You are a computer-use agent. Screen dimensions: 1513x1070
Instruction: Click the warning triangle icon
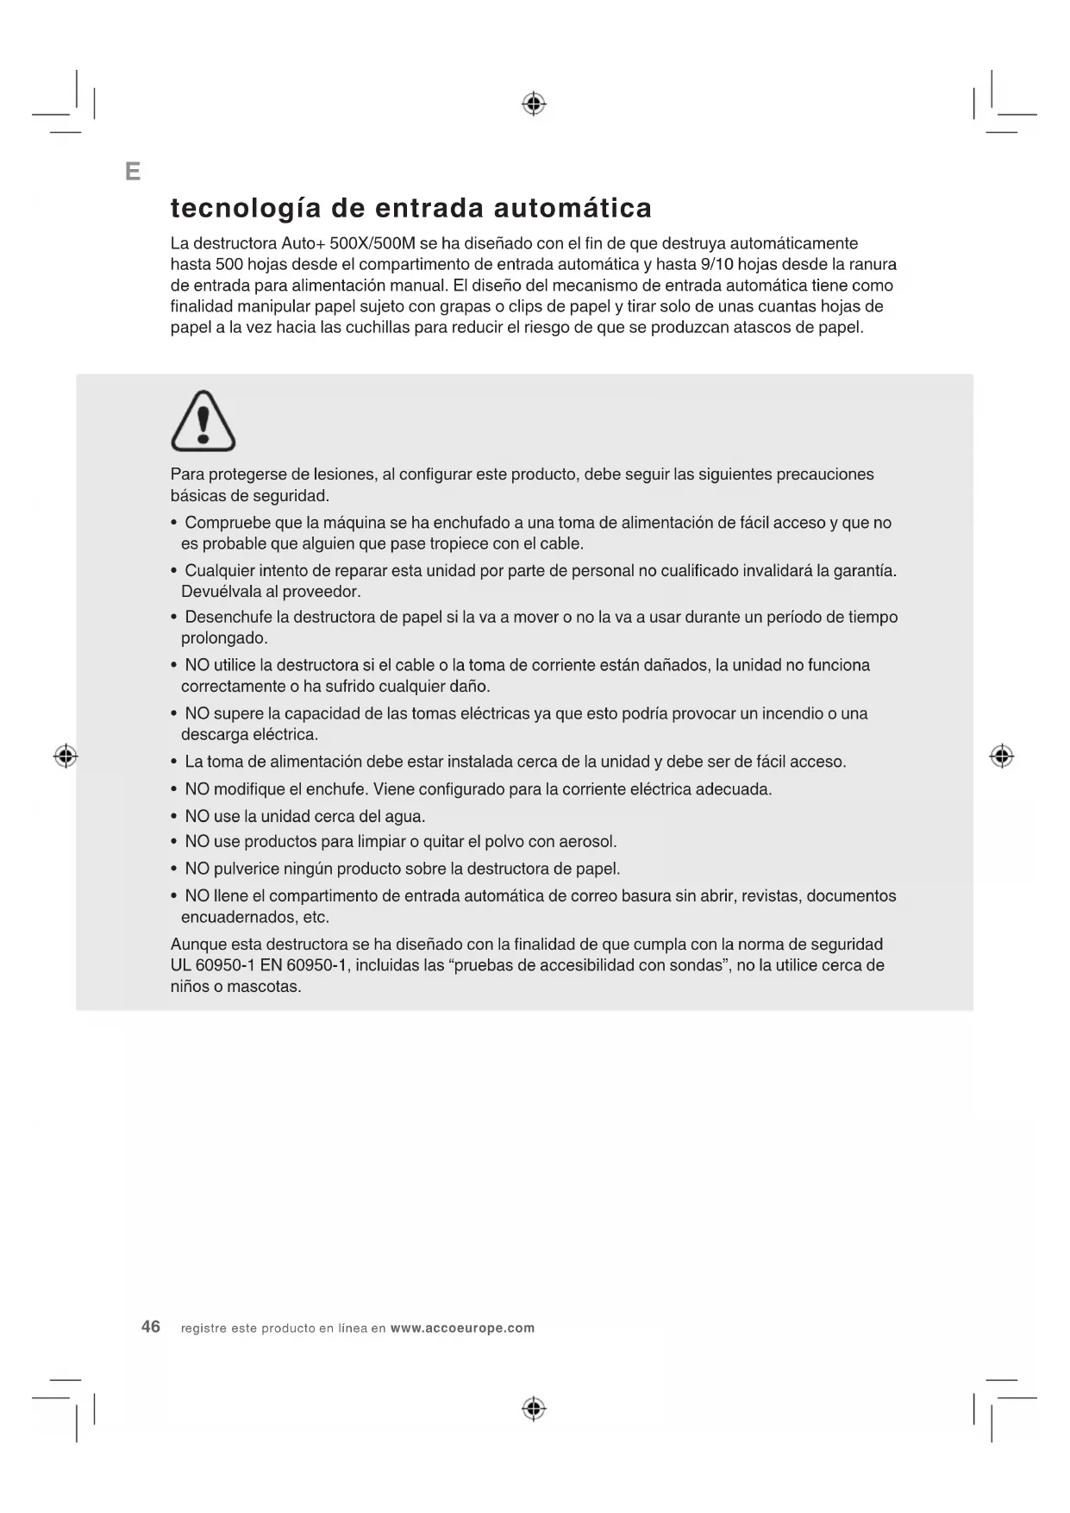pyautogui.click(x=203, y=421)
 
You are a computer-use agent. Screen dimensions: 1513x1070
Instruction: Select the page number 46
pyautogui.click(x=151, y=1327)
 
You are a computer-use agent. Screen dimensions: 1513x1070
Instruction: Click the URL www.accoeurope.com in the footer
pyautogui.click(x=462, y=1328)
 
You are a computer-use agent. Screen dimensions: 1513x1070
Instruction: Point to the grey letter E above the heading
pyautogui.click(x=133, y=172)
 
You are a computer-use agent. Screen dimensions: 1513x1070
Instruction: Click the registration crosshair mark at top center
pyautogui.click(x=534, y=104)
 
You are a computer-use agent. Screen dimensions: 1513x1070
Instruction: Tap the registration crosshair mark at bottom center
pyautogui.click(x=534, y=1409)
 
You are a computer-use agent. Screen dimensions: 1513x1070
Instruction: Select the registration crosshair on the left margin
pyautogui.click(x=66, y=756)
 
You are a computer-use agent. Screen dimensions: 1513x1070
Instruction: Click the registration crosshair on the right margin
pyautogui.click(x=1001, y=756)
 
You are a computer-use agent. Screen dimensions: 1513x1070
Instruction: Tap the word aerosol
pyautogui.click(x=587, y=842)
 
